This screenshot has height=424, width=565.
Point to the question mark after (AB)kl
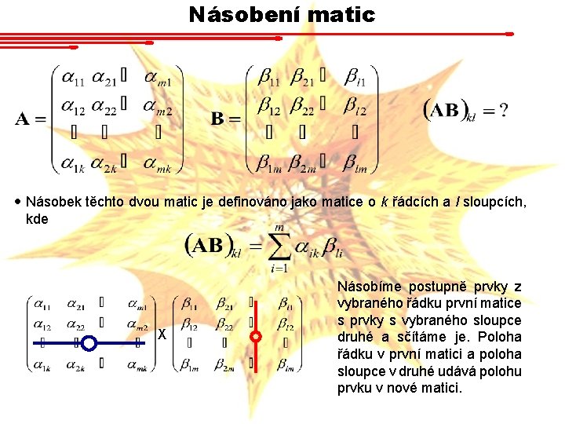pyautogui.click(x=503, y=111)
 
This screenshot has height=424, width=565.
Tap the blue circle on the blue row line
pyautogui.click(x=89, y=342)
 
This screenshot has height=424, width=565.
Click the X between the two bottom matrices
pyautogui.click(x=162, y=335)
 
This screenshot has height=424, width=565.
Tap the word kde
pyautogui.click(x=37, y=219)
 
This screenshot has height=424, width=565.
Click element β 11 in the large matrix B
pyautogui.click(x=268, y=78)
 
